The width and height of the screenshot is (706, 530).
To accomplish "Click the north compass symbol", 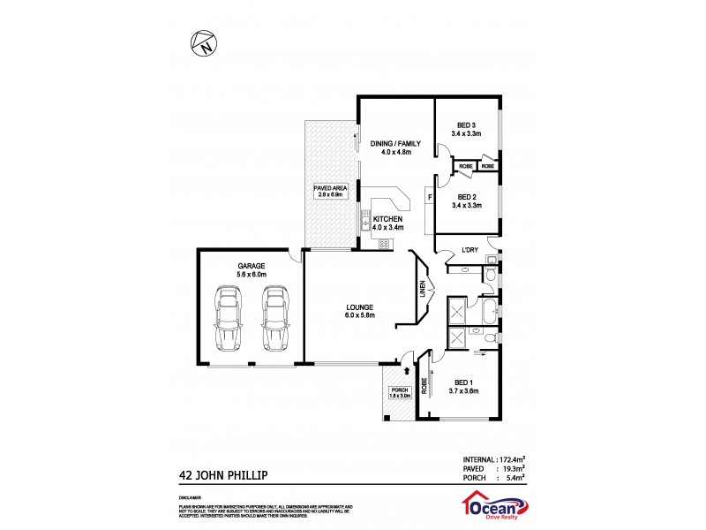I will (204, 42).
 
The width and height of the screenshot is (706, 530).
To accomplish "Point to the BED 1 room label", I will (464, 386).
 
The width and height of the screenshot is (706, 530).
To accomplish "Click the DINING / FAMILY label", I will (395, 148).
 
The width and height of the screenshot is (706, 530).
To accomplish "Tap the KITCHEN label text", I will (387, 219).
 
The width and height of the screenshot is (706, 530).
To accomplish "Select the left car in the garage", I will (227, 319).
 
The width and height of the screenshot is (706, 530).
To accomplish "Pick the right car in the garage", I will (275, 319).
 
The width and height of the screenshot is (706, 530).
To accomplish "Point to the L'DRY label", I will (470, 251).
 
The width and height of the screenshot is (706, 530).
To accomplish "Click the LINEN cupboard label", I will (424, 290).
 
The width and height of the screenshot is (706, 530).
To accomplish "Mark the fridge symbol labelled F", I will (430, 198).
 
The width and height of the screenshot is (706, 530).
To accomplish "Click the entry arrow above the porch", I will (406, 358).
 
